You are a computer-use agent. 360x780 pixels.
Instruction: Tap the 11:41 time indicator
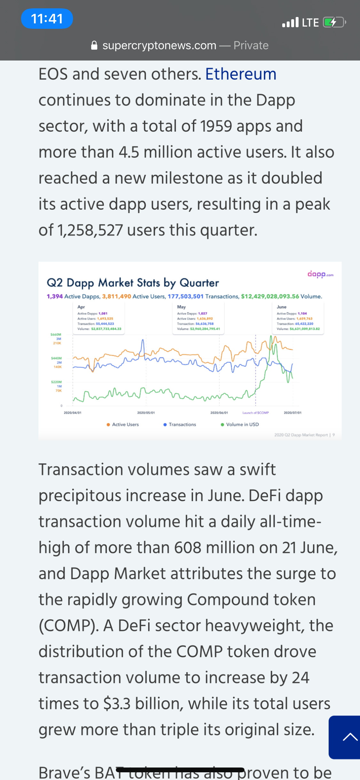point(47,19)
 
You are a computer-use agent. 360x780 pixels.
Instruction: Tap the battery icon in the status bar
point(334,22)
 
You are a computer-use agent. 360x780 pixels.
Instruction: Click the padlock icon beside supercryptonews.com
point(94,45)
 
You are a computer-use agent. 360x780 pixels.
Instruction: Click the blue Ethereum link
point(241,74)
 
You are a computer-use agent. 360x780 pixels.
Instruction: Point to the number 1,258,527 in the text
point(90,230)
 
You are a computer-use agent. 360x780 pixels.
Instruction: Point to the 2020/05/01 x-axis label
point(146,413)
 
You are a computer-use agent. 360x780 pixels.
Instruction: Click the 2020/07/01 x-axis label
point(292,413)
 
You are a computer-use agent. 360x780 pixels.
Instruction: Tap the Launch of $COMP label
point(255,413)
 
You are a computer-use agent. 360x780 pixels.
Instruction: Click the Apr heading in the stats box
point(81,307)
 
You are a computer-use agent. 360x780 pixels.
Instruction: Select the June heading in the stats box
point(282,307)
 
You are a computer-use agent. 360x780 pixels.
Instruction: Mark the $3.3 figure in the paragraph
point(117,704)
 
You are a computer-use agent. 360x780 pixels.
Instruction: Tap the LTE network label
point(310,22)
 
